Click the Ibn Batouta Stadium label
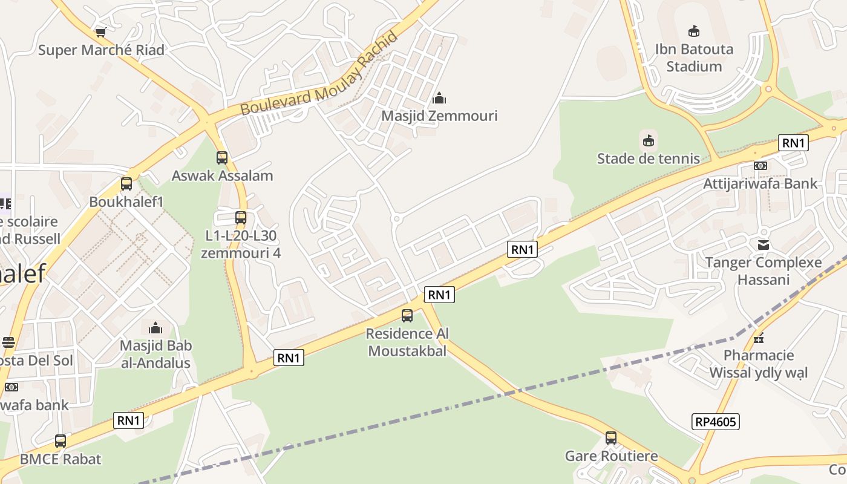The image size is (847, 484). [x=694, y=57]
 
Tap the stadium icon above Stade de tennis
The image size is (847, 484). [x=649, y=142]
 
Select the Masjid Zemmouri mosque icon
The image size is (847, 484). [x=439, y=98]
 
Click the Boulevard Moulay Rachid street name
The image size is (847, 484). [x=319, y=74]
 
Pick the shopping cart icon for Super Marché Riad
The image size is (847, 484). [x=100, y=32]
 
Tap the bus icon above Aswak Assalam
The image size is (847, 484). [x=222, y=158]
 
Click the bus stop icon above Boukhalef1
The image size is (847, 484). [x=126, y=184]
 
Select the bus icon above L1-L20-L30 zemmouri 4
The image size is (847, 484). [x=241, y=218]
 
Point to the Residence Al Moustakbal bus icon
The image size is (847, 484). [x=407, y=316]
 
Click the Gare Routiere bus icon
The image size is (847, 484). [x=611, y=438]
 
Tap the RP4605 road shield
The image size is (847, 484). [x=715, y=422]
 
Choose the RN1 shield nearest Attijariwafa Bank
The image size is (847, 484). [x=793, y=143]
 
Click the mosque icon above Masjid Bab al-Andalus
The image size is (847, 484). [x=155, y=329]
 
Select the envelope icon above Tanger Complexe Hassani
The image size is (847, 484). [x=764, y=245]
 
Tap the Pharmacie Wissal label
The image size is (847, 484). [x=758, y=364]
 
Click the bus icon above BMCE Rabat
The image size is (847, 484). [x=60, y=441]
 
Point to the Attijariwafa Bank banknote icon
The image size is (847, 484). [x=760, y=166]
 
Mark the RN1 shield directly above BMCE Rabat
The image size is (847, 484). [x=128, y=420]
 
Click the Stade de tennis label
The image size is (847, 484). [x=648, y=159]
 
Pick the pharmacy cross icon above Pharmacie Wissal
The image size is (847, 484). [x=759, y=338]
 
